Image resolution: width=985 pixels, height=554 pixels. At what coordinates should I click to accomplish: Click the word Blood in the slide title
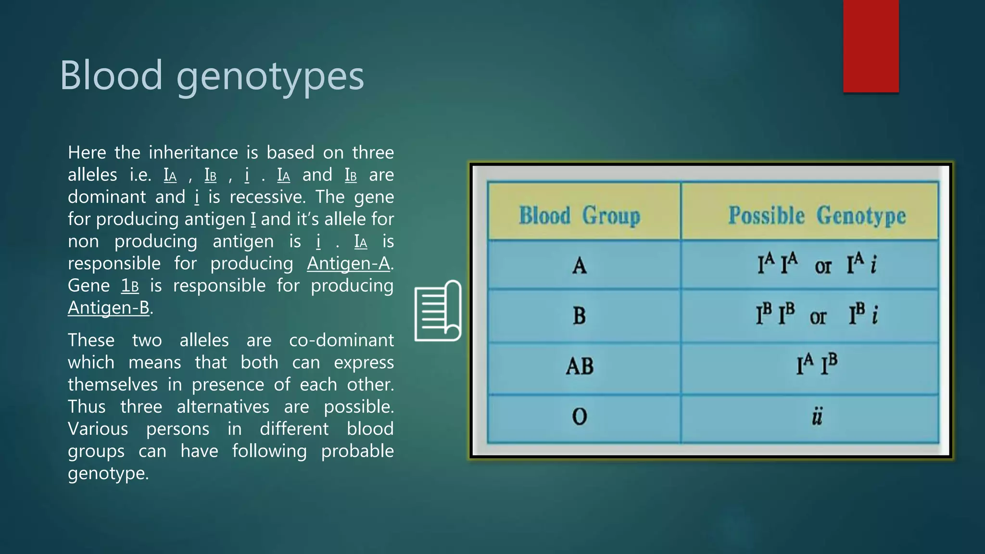[x=111, y=75]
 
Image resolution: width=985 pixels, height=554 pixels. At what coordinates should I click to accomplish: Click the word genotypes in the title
[x=270, y=77]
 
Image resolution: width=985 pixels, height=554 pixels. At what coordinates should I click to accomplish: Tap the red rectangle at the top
[x=871, y=46]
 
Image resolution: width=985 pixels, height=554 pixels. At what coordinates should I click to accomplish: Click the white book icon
[x=438, y=311]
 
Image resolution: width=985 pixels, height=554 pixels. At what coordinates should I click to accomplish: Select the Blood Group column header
[x=580, y=215]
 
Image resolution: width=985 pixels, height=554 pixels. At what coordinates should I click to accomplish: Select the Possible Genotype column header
[x=817, y=215]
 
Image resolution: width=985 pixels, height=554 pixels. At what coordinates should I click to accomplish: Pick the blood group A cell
[x=580, y=265]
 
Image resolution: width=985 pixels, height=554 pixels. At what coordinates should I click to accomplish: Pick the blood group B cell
[x=580, y=316]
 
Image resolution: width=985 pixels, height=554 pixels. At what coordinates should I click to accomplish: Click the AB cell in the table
[x=580, y=366]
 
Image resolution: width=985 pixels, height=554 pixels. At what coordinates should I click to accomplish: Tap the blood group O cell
[x=580, y=416]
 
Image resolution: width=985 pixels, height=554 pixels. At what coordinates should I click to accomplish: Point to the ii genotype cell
[x=817, y=416]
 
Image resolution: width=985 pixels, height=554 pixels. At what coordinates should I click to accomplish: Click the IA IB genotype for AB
[x=817, y=364]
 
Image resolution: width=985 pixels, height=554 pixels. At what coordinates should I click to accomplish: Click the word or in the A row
[x=823, y=266]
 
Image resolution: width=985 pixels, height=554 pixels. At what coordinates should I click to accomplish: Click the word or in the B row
[x=818, y=317]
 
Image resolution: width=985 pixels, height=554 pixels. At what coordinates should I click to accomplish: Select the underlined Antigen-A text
[x=349, y=264]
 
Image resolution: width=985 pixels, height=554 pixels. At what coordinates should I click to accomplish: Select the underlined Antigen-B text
[x=109, y=308]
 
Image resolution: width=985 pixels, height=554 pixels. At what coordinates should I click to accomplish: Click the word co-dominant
[x=341, y=340]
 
